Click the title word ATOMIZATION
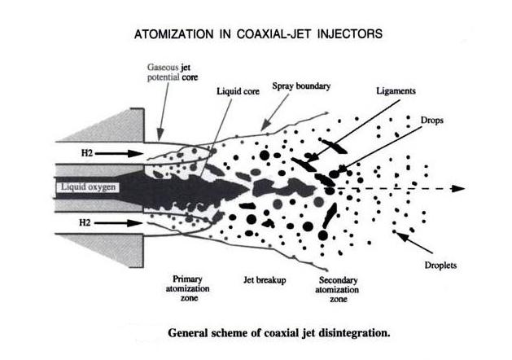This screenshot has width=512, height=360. [173, 34]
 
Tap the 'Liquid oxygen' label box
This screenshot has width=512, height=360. [88, 187]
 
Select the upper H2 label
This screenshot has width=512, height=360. [87, 153]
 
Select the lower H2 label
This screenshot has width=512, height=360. [85, 223]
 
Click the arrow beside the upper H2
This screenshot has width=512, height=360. [119, 153]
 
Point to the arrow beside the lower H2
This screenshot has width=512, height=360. [118, 223]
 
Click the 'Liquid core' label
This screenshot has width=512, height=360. [238, 91]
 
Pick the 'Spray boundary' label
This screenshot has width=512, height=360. [301, 86]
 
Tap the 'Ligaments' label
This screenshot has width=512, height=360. [396, 91]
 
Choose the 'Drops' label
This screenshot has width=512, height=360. [432, 121]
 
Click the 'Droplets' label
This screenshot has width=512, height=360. [440, 265]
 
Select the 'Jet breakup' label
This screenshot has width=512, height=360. [265, 280]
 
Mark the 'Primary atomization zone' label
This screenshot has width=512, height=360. [188, 288]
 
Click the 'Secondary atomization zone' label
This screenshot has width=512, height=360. [337, 289]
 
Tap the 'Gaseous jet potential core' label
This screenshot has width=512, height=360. [173, 72]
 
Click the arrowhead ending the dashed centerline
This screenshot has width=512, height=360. [458, 188]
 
